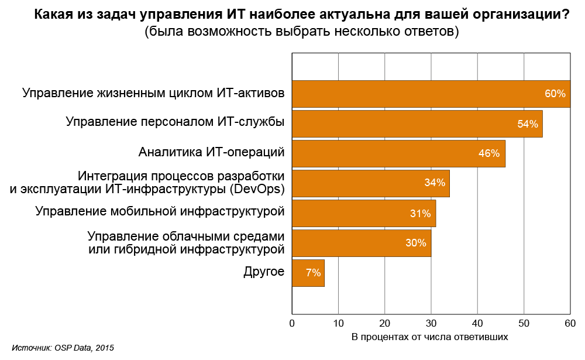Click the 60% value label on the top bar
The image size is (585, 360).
coord(555,94)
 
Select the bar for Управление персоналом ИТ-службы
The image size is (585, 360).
coord(417,124)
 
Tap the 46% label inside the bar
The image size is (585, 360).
coord(488,153)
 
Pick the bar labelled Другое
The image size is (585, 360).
coord(308,273)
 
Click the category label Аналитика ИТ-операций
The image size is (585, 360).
coord(211,152)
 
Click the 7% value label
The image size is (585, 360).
coord(313,273)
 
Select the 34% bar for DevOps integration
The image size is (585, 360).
coord(370,183)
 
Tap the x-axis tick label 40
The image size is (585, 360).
coord(477,323)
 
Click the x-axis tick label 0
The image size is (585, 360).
coord(292,323)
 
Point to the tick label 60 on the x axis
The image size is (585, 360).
coord(570,323)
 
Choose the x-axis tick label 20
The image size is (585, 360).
coord(384,323)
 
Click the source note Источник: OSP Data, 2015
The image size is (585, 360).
coord(63,348)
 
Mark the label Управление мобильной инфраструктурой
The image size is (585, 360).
coord(159,211)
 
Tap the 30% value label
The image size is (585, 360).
coord(415,243)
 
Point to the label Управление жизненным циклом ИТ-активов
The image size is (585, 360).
coord(153,93)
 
